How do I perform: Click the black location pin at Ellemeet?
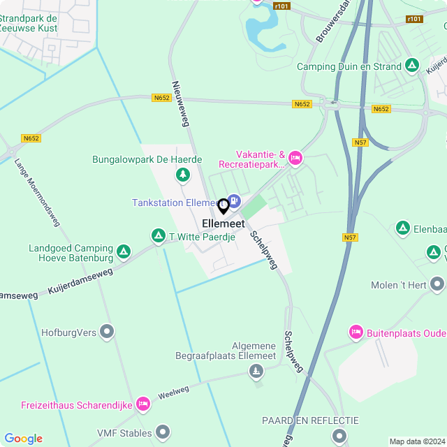(x=223, y=206)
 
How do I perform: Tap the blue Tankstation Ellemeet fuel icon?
(x=234, y=202)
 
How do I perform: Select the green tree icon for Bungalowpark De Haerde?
(x=182, y=174)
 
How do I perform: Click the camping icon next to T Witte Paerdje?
(x=159, y=237)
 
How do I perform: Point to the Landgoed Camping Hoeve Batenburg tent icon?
(x=124, y=250)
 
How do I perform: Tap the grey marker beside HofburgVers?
(x=108, y=332)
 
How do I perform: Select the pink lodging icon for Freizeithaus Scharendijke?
(x=143, y=404)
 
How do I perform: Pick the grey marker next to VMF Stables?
(x=163, y=433)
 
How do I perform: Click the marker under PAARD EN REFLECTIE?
(x=339, y=436)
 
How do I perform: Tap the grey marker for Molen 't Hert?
(x=437, y=284)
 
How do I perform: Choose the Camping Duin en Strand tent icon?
(x=413, y=66)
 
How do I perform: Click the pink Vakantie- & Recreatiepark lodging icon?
(x=295, y=159)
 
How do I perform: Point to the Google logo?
(x=23, y=439)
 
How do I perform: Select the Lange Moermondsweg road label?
(x=38, y=193)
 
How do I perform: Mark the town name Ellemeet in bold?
(x=223, y=223)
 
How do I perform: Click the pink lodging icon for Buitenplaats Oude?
(x=356, y=332)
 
